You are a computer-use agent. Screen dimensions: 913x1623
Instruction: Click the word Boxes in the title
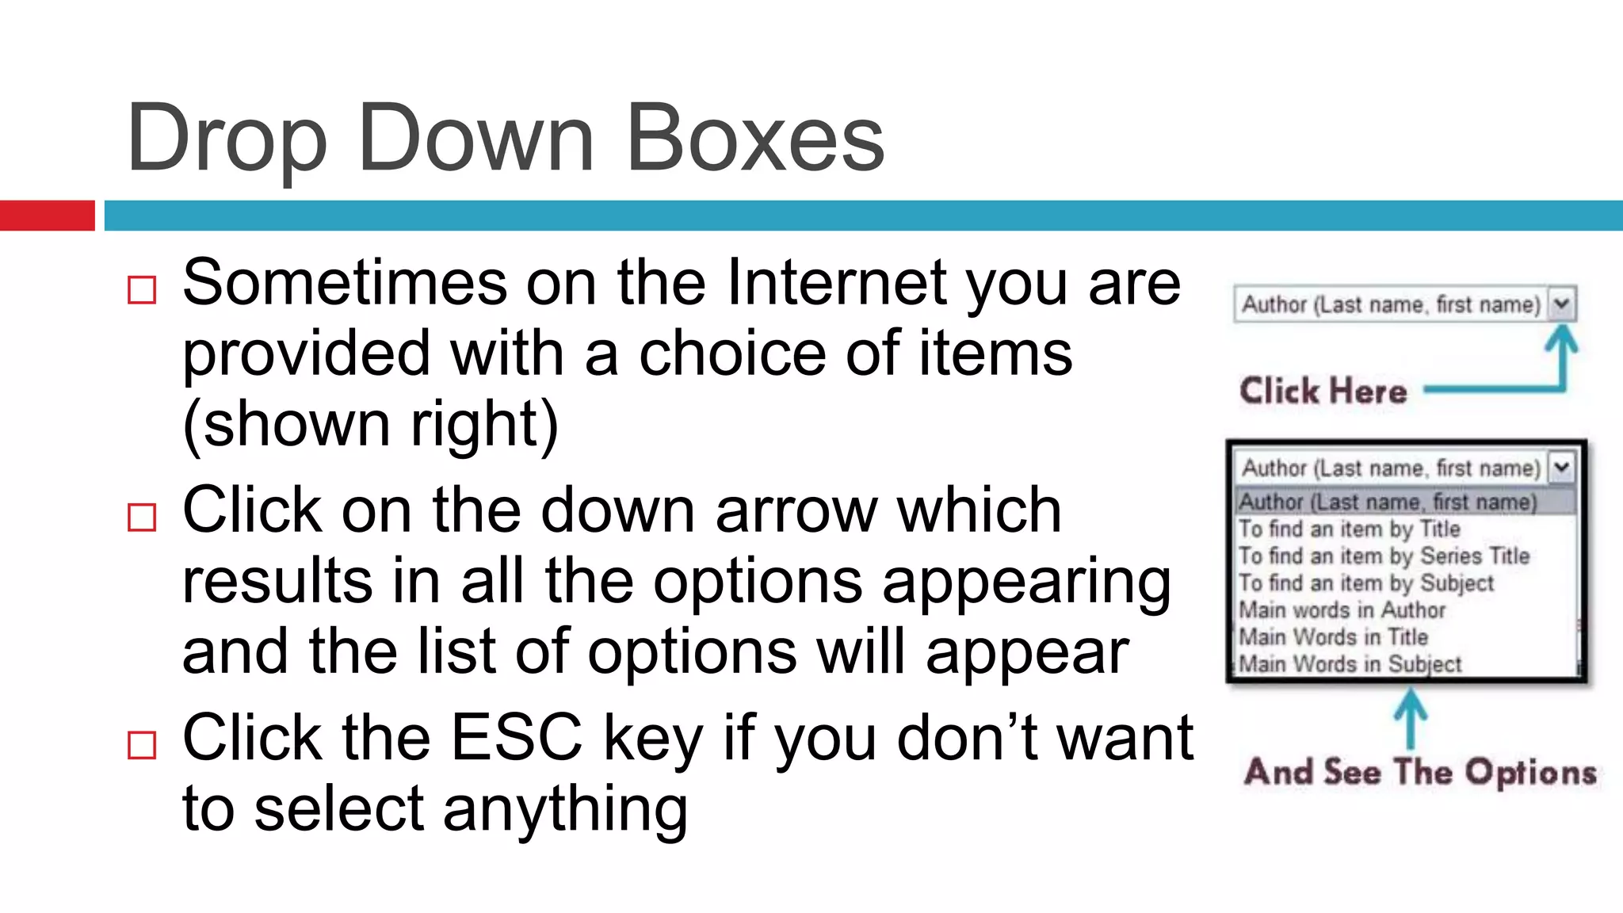point(754,139)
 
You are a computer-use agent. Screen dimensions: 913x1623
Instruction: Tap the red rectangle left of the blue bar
point(47,216)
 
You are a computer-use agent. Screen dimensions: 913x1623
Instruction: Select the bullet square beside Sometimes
point(142,290)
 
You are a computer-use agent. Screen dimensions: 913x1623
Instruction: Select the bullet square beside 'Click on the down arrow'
point(142,518)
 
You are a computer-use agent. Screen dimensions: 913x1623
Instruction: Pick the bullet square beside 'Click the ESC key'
point(142,745)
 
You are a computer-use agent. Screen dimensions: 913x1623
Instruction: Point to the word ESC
point(517,738)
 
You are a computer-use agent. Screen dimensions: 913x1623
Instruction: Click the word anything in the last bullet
point(565,810)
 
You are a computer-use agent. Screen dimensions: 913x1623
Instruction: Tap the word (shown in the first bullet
point(286,425)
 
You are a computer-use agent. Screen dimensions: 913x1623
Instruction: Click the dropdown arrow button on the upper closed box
point(1561,304)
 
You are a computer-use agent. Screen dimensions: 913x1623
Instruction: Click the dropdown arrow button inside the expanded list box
point(1561,467)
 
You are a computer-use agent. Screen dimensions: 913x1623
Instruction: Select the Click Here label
point(1323,391)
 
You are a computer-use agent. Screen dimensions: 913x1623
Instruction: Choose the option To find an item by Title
point(1349,529)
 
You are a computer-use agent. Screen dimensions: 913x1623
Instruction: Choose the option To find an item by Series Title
point(1383,556)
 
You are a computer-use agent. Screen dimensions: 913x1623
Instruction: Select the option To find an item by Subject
point(1365,583)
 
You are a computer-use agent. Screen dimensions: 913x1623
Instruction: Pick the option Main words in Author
point(1342,609)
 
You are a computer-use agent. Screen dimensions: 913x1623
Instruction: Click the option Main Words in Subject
point(1350,663)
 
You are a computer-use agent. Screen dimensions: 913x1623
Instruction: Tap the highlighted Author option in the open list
point(1387,502)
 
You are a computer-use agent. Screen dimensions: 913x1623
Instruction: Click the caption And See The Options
point(1419,772)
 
